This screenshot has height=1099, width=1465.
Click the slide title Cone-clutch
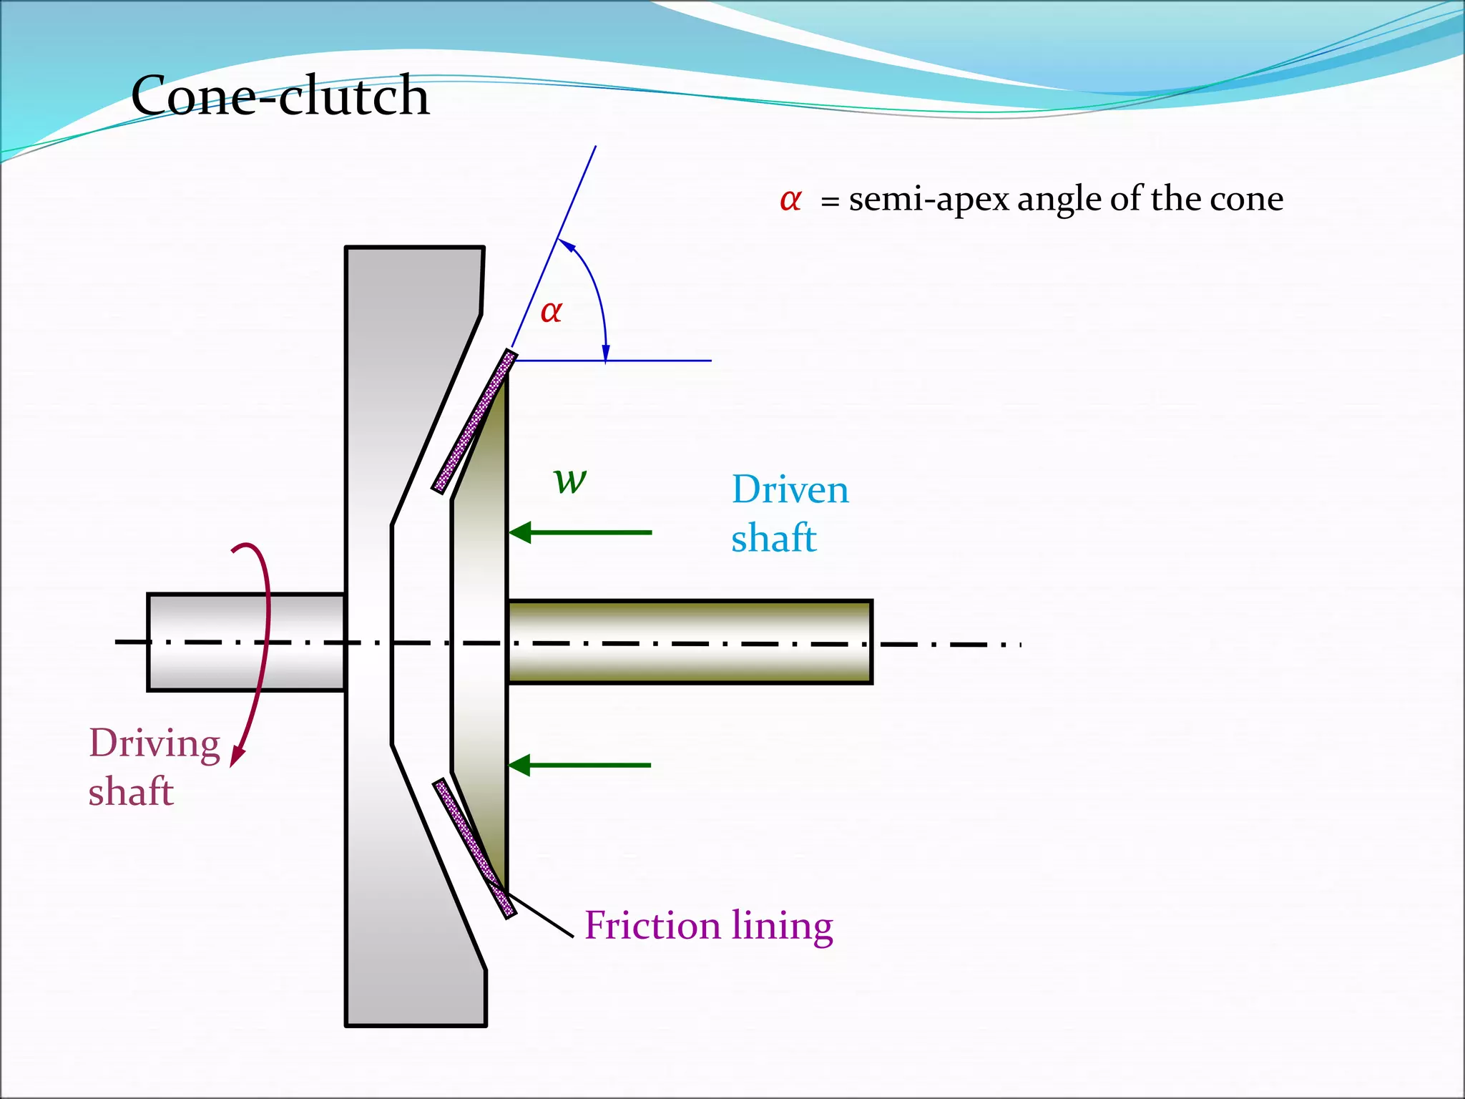[280, 96]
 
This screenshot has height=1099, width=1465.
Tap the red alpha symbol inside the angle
[551, 312]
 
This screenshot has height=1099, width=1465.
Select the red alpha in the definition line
[790, 200]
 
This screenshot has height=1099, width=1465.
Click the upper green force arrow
[580, 532]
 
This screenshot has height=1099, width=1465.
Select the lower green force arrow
[580, 765]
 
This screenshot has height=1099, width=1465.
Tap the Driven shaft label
[789, 514]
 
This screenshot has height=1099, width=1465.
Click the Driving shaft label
[153, 766]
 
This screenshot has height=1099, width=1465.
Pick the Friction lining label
[708, 925]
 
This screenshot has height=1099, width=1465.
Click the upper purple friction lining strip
[474, 422]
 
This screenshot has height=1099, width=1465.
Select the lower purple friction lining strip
[474, 847]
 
